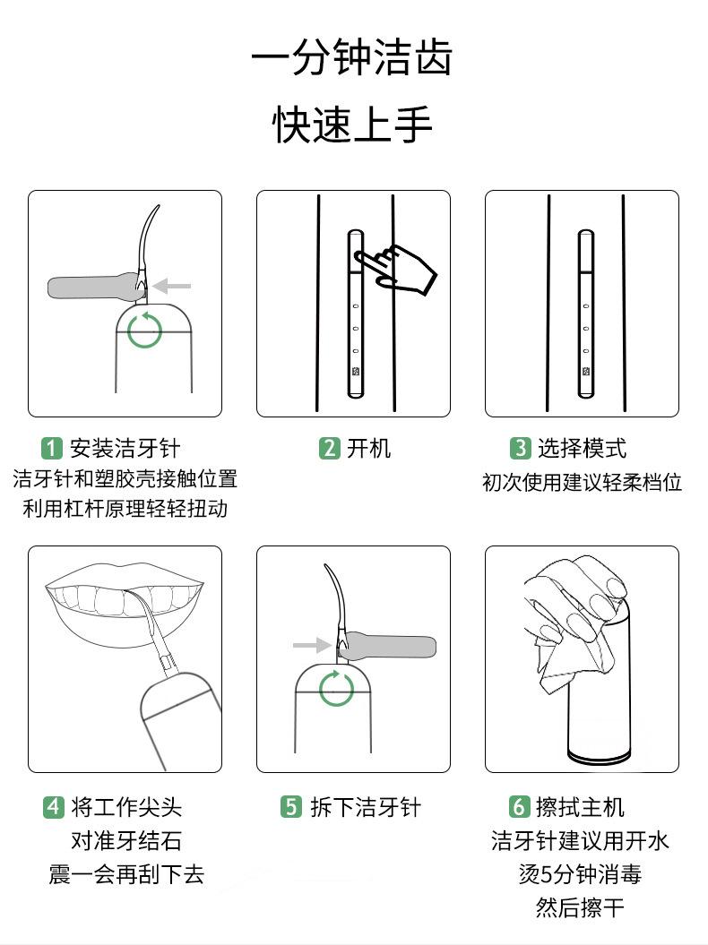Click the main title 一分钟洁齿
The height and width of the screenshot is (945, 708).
pos(351,57)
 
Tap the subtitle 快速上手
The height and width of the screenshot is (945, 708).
pos(352,125)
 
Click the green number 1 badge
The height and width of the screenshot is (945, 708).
pos(52,448)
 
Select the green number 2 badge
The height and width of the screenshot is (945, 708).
pos(329,448)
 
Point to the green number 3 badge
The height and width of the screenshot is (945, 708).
pos(520,448)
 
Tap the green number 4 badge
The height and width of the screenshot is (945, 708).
pos(53,806)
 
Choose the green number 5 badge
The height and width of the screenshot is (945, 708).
pos(290,806)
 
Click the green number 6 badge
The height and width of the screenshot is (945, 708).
pos(519,806)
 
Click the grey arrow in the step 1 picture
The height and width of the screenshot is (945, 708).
pos(171,286)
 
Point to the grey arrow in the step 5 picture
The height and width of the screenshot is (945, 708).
pos(312,645)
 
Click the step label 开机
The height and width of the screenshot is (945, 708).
pos(368,449)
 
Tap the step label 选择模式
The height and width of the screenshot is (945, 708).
pos(582,449)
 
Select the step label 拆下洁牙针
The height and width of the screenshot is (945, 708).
pos(366,807)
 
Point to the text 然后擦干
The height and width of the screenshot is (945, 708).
pos(580,907)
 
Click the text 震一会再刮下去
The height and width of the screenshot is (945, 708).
pos(126,874)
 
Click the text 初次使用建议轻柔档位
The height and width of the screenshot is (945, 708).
pos(582,482)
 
